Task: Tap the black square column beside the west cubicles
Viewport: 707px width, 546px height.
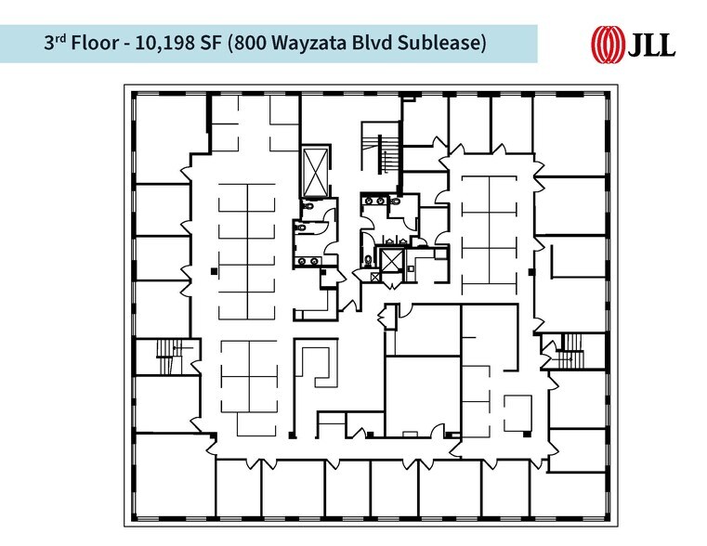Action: [x=213, y=270]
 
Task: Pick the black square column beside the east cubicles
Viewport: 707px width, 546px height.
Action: [x=530, y=271]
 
